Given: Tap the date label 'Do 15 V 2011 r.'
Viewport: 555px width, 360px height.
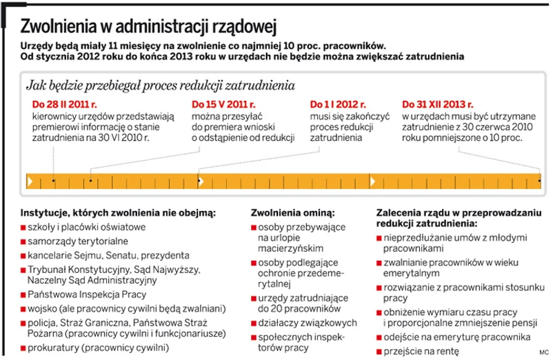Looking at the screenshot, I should pyautogui.click(x=223, y=105).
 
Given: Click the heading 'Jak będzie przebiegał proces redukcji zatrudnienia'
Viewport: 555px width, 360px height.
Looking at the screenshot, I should pyautogui.click(x=160, y=86).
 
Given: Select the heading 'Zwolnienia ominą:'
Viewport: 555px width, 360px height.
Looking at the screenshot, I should pyautogui.click(x=292, y=212).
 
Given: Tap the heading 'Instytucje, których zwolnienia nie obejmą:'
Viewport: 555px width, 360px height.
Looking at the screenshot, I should pyautogui.click(x=119, y=212).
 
